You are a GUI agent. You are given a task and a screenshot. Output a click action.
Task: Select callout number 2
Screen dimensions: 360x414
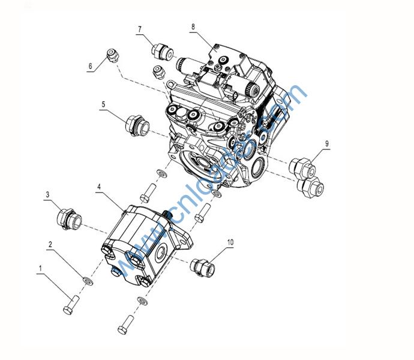click(x=51, y=245)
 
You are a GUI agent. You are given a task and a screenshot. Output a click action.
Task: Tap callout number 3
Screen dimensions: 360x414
click(x=47, y=194)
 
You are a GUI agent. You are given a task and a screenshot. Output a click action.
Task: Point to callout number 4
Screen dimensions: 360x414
click(x=98, y=187)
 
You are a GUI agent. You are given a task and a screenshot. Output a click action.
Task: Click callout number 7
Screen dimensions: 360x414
click(x=139, y=29)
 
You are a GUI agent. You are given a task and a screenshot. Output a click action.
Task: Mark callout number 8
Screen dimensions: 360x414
click(x=193, y=27)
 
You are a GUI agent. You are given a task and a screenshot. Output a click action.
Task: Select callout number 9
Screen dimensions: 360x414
click(x=327, y=143)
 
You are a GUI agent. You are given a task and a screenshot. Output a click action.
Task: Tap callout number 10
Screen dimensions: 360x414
click(x=229, y=242)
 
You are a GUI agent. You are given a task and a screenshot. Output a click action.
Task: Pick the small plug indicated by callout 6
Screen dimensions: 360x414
click(x=110, y=55)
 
